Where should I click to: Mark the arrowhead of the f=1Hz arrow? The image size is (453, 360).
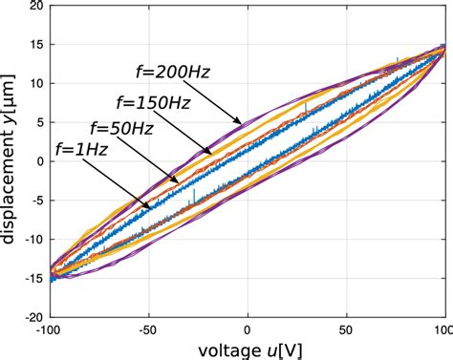tap(150, 209)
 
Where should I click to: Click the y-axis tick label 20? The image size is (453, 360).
tap(37, 6)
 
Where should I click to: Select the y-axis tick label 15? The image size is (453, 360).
tap(37, 45)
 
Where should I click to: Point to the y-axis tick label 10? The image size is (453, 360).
tap(37, 84)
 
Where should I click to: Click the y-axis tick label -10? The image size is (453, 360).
tap(34, 239)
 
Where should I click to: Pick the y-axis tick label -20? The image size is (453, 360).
tap(34, 316)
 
